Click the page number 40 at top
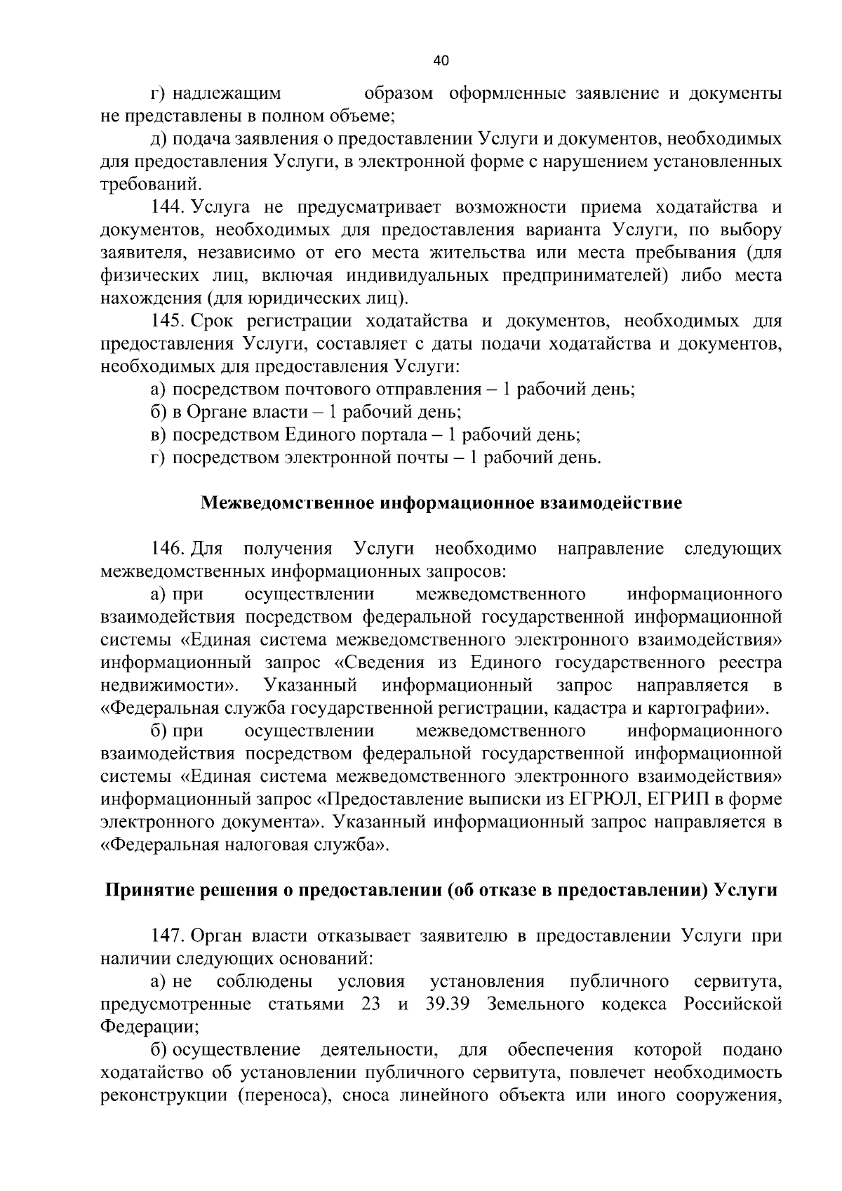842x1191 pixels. coord(441,61)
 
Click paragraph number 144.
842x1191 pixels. coord(168,207)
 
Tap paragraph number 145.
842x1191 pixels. coord(168,321)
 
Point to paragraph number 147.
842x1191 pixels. coord(168,936)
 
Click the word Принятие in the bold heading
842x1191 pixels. coord(145,891)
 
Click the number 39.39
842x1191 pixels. coord(447,1004)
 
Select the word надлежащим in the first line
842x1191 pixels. coord(227,93)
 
